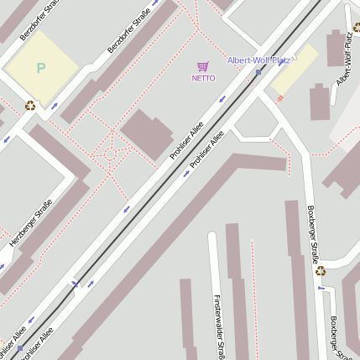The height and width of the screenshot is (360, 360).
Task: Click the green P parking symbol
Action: [x=40, y=68]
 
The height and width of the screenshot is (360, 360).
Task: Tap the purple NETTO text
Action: [x=203, y=78]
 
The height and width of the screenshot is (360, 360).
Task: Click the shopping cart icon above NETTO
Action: [x=202, y=66]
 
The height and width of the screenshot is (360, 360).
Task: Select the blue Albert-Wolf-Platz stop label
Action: [x=258, y=60]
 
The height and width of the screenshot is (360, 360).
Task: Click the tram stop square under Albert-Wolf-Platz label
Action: [x=258, y=72]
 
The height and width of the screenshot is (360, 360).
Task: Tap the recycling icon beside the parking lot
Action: [x=30, y=106]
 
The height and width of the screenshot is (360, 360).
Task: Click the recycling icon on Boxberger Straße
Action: [x=320, y=270]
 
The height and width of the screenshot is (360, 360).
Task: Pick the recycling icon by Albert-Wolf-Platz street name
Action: [x=357, y=28]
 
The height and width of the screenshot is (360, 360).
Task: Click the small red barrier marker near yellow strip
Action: [x=279, y=99]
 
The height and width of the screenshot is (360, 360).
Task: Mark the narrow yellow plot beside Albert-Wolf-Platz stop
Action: [x=294, y=69]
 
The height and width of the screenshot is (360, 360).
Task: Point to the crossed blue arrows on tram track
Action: [x=76, y=284]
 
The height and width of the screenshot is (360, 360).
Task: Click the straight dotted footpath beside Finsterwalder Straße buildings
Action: [x=252, y=294]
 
